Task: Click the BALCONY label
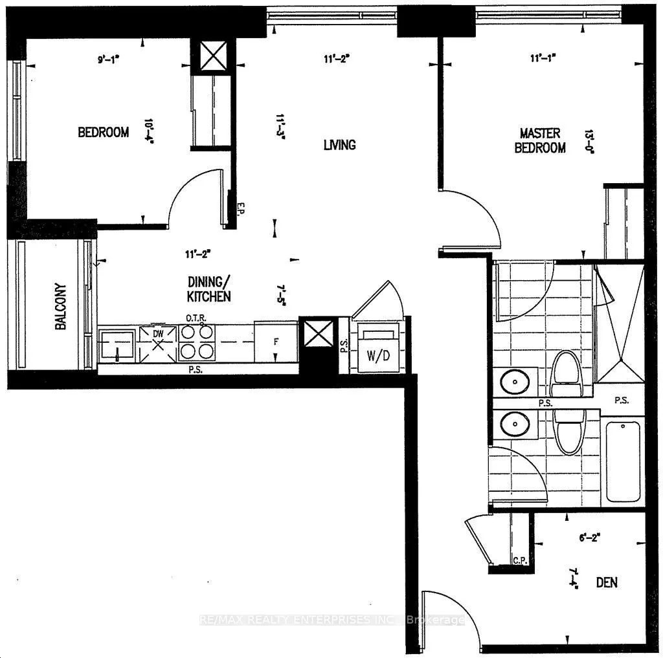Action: point(61,307)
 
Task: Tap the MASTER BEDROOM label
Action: point(540,140)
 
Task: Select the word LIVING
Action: point(340,144)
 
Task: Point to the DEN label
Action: point(607,582)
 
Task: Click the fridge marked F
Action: point(275,341)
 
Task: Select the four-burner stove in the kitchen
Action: point(196,342)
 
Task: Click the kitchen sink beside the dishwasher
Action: point(117,345)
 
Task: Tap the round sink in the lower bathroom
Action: point(515,424)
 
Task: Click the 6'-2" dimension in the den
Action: point(589,536)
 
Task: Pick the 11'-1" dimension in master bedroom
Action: point(544,59)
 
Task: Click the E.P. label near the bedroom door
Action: point(239,208)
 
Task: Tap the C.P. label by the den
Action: point(518,560)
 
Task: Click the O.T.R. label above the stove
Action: point(196,318)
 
